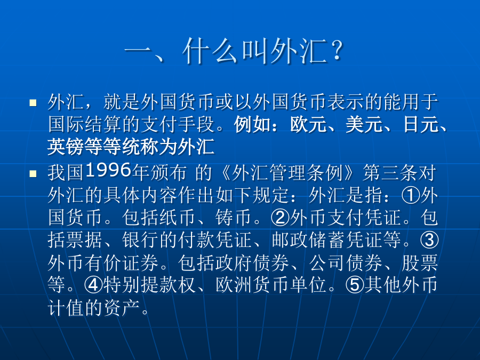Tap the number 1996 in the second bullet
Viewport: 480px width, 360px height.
pyautogui.click(x=109, y=170)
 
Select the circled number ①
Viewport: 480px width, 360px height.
pyautogui.click(x=411, y=195)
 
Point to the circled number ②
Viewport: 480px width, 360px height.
pyautogui.click(x=281, y=218)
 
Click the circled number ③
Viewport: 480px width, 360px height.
pyautogui.click(x=429, y=240)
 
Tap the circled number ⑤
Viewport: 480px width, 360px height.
pyautogui.click(x=355, y=285)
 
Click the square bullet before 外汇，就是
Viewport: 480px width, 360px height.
pyautogui.click(x=33, y=102)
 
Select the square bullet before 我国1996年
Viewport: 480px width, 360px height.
pyautogui.click(x=33, y=174)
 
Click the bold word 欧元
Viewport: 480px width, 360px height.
pyautogui.click(x=308, y=125)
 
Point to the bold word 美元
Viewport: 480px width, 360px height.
pyautogui.click(x=364, y=125)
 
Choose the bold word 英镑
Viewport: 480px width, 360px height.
pyautogui.click(x=66, y=147)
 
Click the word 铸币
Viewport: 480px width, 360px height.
pyautogui.click(x=234, y=218)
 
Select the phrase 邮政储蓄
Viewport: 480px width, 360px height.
pyautogui.click(x=308, y=240)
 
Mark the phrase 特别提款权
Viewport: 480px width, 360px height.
pyautogui.click(x=149, y=285)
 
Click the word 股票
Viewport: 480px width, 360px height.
pyautogui.click(x=420, y=262)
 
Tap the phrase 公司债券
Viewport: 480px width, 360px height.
pyautogui.click(x=346, y=262)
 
